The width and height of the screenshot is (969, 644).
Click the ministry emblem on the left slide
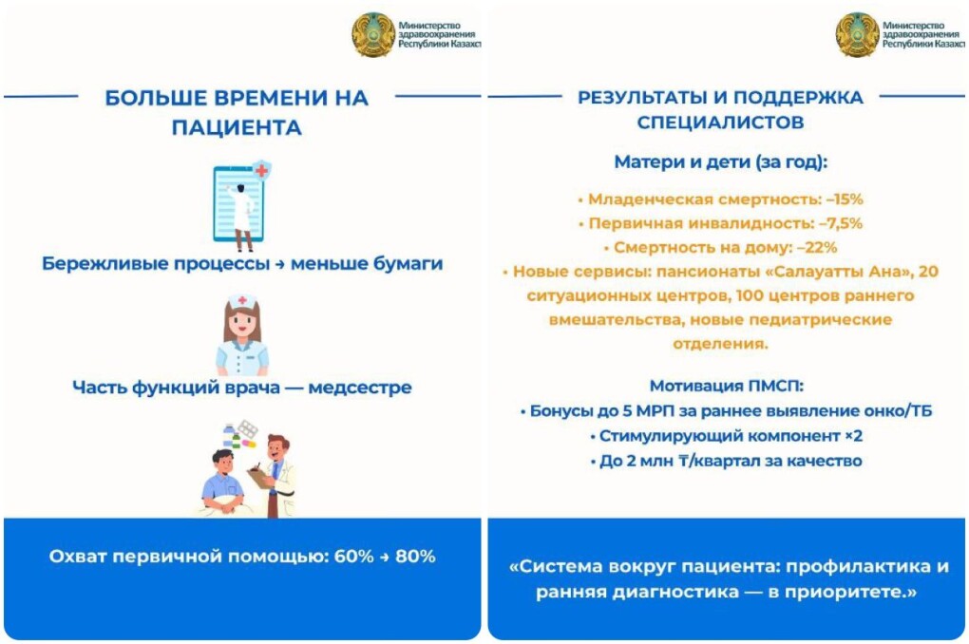(373, 34)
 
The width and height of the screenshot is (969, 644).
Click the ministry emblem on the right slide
(857, 34)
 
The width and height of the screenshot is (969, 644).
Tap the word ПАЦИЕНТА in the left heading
(237, 127)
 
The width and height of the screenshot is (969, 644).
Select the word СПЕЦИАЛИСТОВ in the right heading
(720, 122)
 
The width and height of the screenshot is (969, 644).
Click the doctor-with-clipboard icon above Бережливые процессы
(241, 205)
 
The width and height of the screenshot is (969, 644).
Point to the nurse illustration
(242, 335)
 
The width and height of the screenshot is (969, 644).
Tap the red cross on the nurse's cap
(243, 300)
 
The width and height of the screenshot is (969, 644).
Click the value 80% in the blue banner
(415, 557)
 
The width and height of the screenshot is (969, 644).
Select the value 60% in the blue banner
(353, 557)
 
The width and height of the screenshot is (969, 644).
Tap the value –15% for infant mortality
(845, 199)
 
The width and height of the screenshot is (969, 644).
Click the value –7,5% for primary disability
(841, 223)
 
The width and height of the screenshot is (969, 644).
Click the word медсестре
(360, 388)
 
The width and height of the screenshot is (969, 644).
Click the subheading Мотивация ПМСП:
(726, 386)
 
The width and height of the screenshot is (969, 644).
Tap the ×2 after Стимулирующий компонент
(853, 436)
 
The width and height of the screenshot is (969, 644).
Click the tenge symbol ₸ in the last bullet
(684, 461)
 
